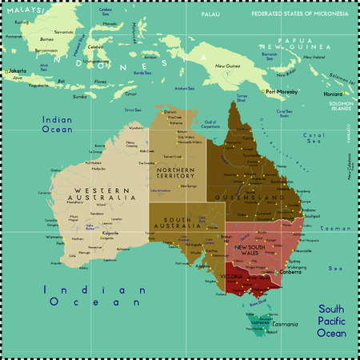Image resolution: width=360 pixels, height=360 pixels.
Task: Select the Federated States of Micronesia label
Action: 300,14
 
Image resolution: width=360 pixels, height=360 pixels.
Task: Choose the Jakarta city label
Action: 17,71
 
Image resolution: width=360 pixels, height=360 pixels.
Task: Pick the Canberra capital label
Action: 289,273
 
